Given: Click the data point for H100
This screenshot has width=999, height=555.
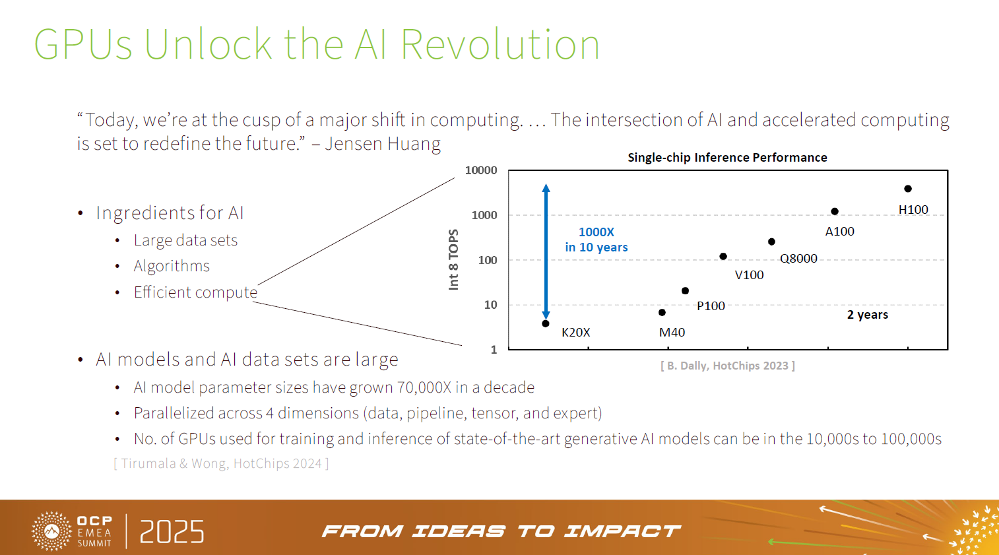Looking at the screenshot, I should click(x=908, y=189).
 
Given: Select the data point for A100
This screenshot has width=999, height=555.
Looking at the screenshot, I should click(x=835, y=211).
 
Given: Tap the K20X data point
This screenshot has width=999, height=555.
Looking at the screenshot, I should click(x=546, y=323).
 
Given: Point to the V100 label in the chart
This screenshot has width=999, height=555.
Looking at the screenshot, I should click(x=749, y=275).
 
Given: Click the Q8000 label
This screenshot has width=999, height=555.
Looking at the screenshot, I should click(x=798, y=259).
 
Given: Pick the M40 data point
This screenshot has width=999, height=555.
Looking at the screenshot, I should click(x=662, y=312).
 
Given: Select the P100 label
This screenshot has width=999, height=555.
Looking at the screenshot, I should click(x=711, y=306).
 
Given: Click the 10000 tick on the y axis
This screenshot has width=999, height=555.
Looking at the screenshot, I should click(x=481, y=170).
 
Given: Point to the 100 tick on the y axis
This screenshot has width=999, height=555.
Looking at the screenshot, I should click(x=488, y=260).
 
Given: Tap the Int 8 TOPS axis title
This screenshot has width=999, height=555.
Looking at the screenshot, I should click(x=453, y=259).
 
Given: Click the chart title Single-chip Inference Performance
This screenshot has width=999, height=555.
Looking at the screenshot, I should click(x=727, y=158).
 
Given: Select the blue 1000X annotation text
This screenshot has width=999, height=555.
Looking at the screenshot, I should click(x=596, y=232).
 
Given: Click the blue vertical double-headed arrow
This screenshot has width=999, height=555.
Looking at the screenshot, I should click(x=546, y=251).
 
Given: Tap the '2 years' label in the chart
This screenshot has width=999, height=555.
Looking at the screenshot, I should click(x=867, y=315).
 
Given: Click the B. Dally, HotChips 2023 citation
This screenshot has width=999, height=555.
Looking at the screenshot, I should click(x=727, y=366).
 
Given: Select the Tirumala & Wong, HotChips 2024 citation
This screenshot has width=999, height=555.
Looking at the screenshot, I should click(x=221, y=463).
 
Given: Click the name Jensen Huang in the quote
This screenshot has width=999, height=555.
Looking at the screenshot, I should click(x=383, y=144).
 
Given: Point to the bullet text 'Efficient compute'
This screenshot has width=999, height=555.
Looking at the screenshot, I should click(x=195, y=292).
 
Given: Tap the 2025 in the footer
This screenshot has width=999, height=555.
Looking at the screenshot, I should click(x=172, y=532).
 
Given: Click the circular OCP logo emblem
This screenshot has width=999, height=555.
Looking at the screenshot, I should click(x=51, y=531).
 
